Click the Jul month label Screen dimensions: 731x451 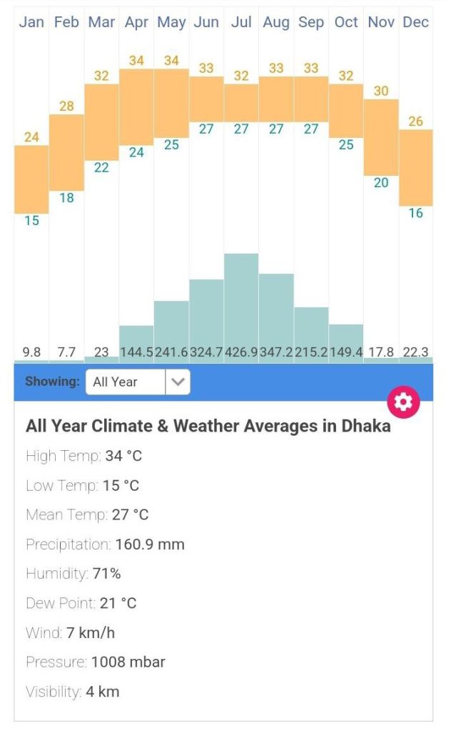click(x=241, y=22)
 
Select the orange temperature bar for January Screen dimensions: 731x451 click(x=31, y=179)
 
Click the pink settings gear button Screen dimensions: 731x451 click(x=403, y=402)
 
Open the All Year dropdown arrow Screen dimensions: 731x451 click(x=178, y=382)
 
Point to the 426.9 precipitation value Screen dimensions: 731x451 click(x=241, y=352)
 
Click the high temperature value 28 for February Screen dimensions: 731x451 click(x=66, y=106)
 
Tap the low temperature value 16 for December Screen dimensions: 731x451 click(x=415, y=213)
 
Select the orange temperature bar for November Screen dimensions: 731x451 click(x=381, y=137)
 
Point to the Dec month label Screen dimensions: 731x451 click(x=415, y=22)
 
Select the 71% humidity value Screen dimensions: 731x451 click(x=106, y=574)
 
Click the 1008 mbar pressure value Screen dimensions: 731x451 click(x=128, y=662)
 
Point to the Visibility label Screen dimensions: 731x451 click(x=54, y=692)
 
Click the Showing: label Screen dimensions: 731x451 click(x=52, y=382)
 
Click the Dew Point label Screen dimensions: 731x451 click(x=60, y=603)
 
